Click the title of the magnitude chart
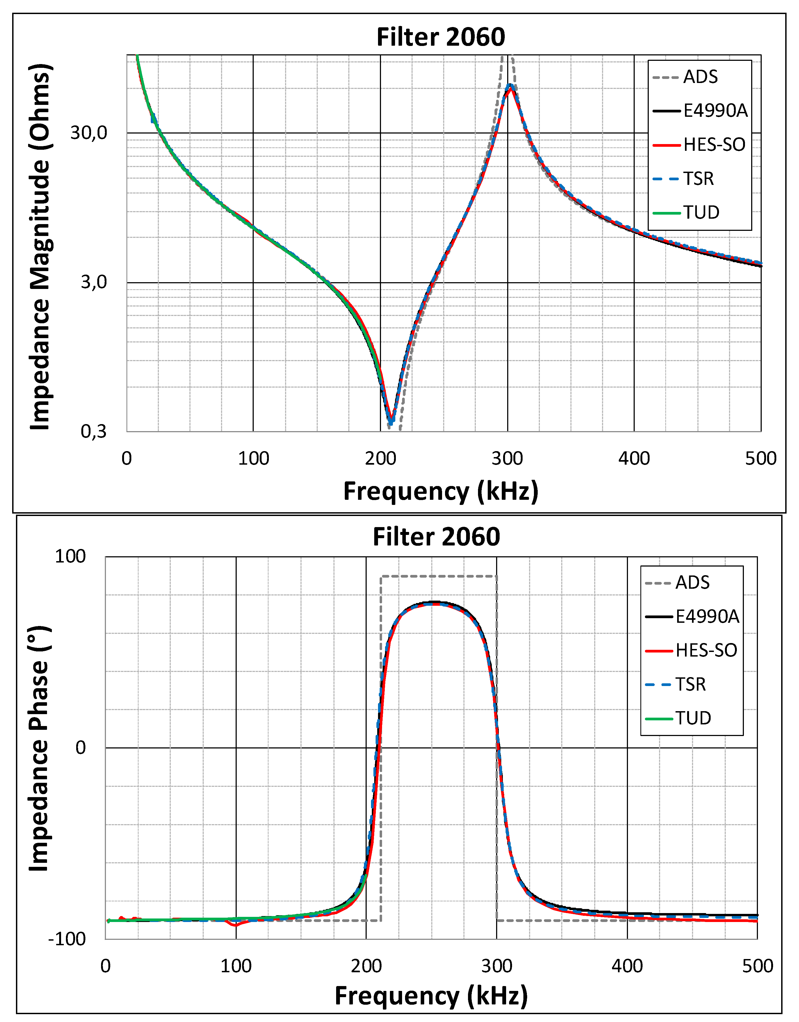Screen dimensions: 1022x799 coord(441,37)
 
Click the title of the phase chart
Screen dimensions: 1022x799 coord(436,537)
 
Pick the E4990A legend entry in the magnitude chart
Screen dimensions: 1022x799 coord(715,111)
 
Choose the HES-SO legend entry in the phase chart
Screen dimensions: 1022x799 coord(706,650)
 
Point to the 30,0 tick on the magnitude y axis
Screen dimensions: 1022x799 coord(89,133)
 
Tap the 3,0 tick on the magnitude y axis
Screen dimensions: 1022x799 coord(93,282)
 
